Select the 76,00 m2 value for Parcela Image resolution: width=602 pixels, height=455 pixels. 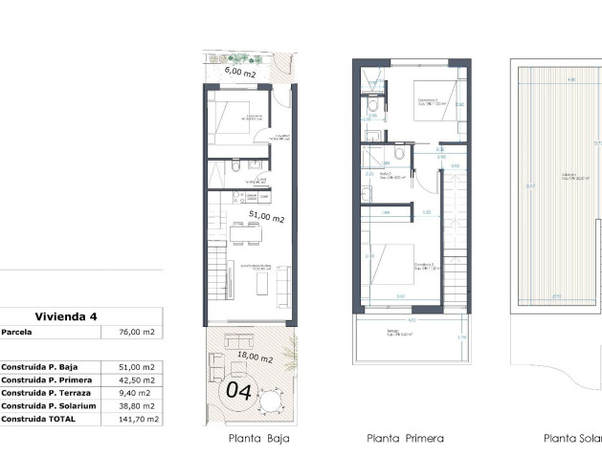click(135, 333)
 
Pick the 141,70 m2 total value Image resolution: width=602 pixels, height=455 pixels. click(135, 419)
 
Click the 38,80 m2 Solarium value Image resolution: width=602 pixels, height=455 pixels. click(135, 405)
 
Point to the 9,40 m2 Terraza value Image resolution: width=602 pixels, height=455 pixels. click(135, 392)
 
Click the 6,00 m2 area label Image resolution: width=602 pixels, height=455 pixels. click(239, 71)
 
